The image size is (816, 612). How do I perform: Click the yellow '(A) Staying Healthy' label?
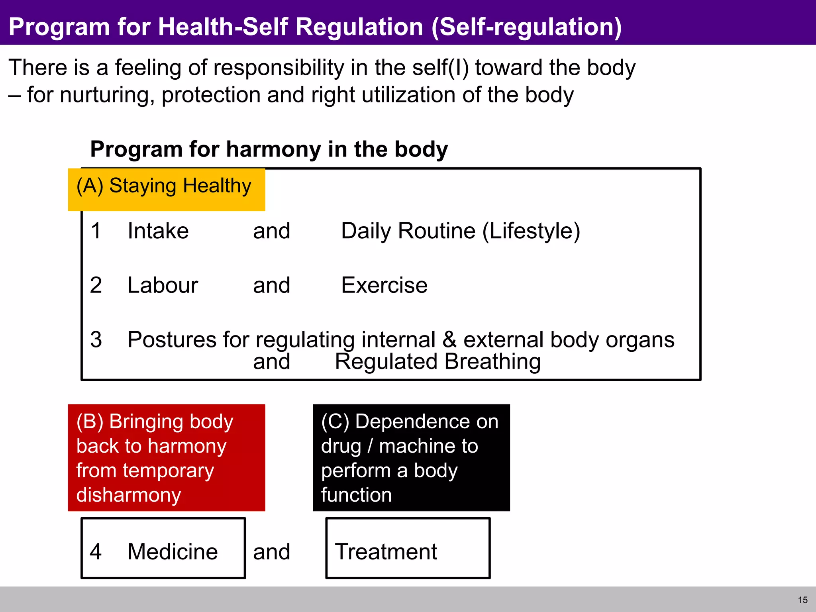click(166, 189)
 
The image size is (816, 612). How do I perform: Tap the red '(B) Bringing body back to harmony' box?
click(166, 457)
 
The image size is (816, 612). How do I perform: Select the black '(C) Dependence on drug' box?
click(411, 457)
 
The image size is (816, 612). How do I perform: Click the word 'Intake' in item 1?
click(158, 231)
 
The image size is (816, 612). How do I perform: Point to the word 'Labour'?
click(163, 285)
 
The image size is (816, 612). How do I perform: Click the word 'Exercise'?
click(384, 285)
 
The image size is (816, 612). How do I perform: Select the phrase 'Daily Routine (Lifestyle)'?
click(460, 231)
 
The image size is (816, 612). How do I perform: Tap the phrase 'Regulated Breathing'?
click(437, 362)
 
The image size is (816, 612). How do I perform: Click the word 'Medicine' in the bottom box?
click(173, 552)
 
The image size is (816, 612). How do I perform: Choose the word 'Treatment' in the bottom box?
click(386, 552)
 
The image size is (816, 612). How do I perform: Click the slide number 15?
click(802, 600)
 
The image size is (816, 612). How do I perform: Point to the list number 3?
click(96, 339)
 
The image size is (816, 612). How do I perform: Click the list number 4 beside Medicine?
click(96, 552)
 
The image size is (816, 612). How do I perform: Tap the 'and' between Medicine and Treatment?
click(271, 552)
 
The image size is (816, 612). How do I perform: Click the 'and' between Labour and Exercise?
click(271, 285)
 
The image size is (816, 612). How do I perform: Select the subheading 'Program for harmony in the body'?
click(269, 149)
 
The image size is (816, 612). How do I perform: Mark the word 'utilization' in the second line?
click(404, 95)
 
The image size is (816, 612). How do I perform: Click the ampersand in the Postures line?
click(449, 339)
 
